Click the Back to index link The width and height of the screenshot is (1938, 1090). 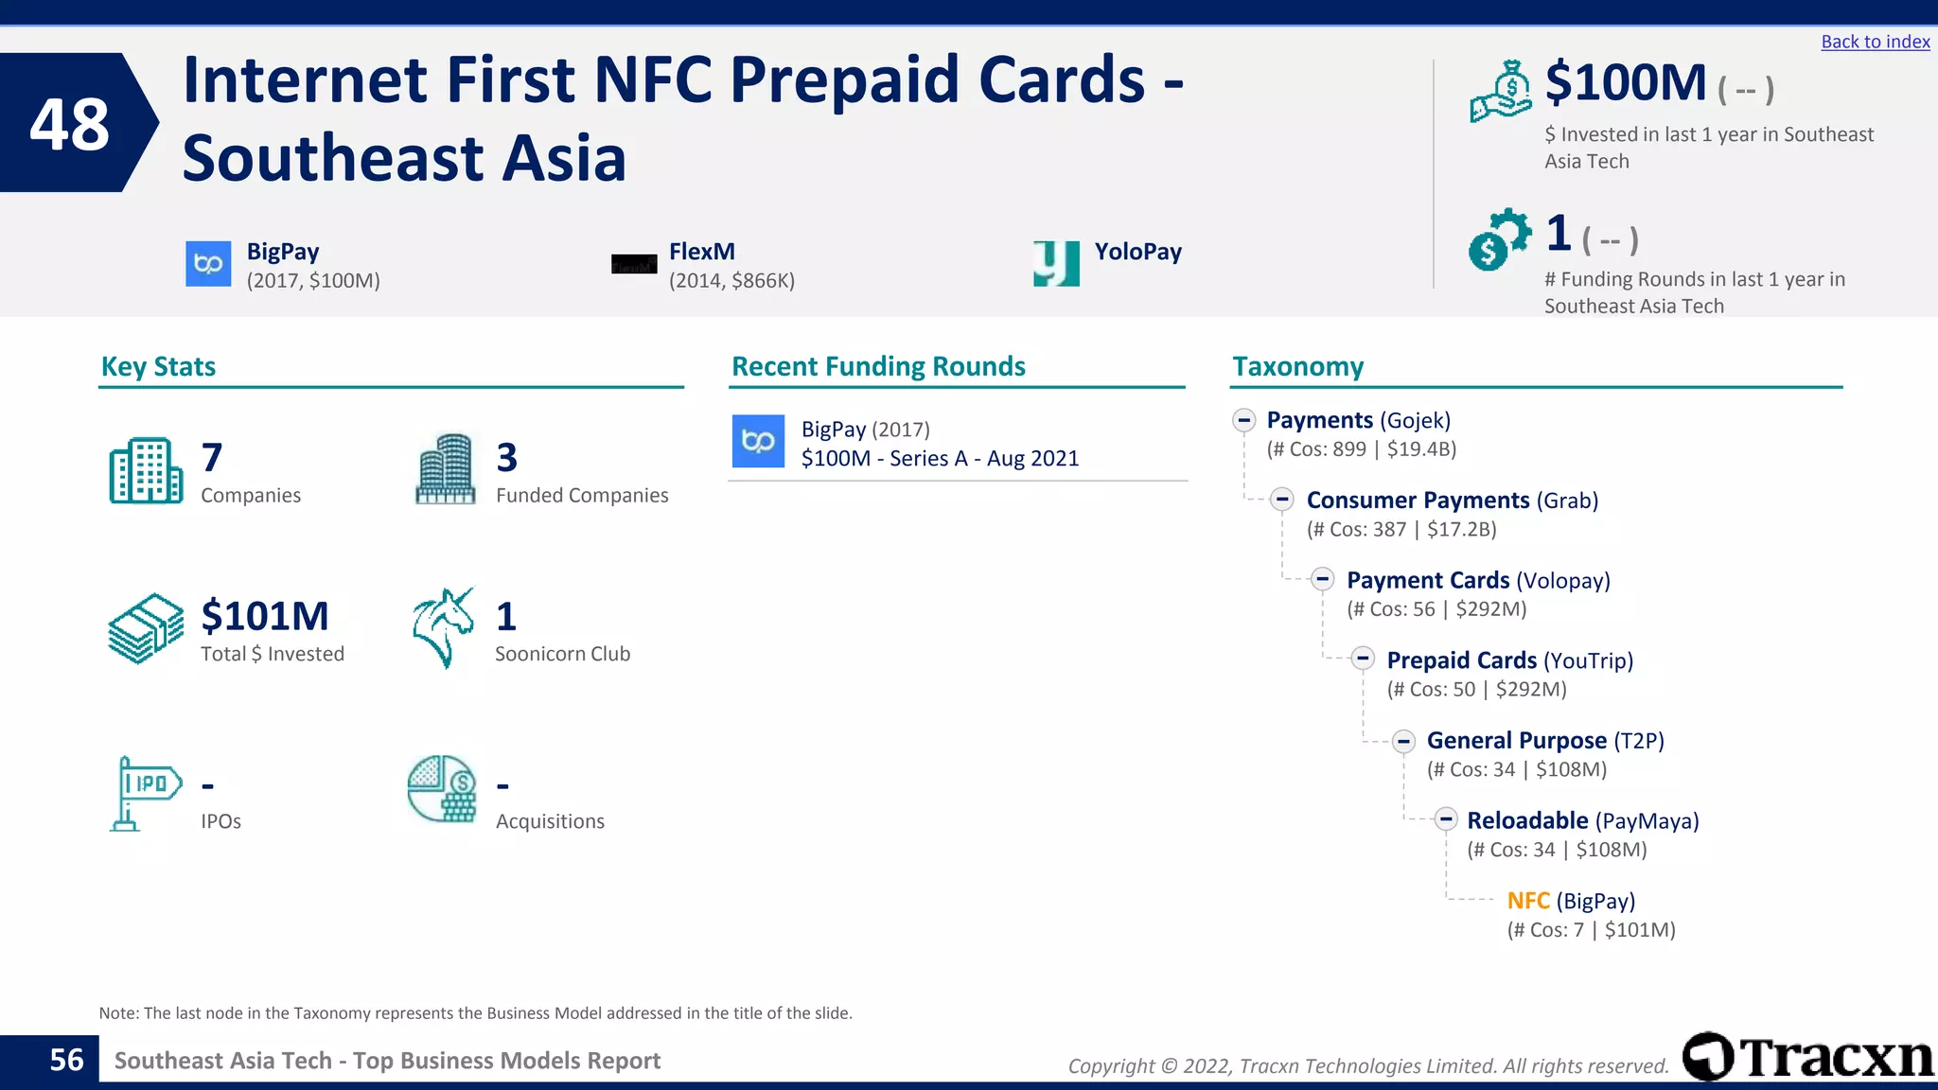coord(1875,42)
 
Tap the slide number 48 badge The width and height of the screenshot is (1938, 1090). coord(71,124)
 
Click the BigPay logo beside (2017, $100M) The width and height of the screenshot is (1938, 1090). coord(208,263)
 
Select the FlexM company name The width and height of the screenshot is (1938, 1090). coord(701,252)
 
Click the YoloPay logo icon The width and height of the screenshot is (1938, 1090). coord(1056,262)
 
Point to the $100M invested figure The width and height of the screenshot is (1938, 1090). coord(1625,83)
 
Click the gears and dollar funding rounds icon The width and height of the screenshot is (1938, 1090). coord(1498,239)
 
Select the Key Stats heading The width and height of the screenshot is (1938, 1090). coord(158,367)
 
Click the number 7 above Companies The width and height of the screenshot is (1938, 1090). coord(212,458)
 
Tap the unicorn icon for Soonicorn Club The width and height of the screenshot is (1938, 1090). coord(443,627)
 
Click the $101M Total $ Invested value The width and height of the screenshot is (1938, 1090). coord(264,617)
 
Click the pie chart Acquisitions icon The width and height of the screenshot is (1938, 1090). coord(442,788)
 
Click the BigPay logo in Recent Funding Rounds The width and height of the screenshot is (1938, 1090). coord(758,441)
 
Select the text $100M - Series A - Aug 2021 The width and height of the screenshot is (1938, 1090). coord(940,459)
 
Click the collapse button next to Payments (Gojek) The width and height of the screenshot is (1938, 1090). coord(1243,420)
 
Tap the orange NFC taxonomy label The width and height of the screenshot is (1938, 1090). coord(1527,901)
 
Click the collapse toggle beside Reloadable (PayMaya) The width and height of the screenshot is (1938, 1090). coord(1445,819)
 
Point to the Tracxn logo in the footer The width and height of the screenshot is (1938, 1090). coord(1807,1057)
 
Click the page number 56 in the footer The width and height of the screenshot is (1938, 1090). coord(66,1061)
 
